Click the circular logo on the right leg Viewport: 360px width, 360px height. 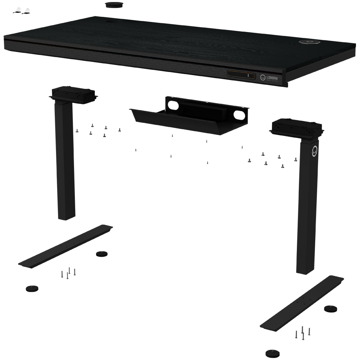pos(314,151)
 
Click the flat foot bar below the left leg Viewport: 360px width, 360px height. pos(66,246)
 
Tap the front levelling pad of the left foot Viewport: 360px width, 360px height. pos(32,288)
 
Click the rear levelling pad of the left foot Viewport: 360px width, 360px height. pos(101,254)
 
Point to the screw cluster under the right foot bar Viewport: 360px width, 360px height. pos(302,332)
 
